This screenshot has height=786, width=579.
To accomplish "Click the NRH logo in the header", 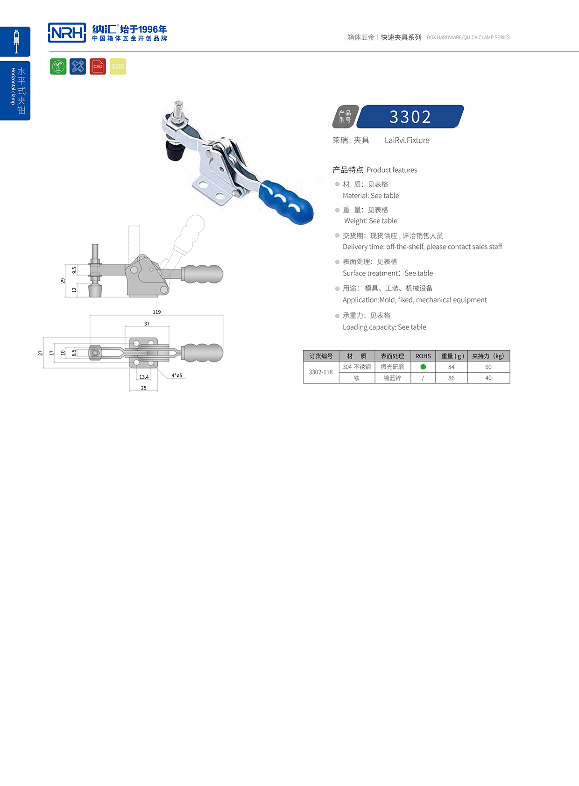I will (67, 33).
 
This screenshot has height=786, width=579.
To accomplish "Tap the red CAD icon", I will (98, 66).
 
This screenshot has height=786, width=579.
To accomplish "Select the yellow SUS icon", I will (118, 66).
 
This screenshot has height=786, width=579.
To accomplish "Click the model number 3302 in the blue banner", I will (410, 117).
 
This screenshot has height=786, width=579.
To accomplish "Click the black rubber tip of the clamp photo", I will (176, 150).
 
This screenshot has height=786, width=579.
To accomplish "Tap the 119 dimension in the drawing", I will (157, 312).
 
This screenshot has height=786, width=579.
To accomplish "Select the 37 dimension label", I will (147, 324).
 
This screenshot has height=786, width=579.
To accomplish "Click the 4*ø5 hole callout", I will (177, 375).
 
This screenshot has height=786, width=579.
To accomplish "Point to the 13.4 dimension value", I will (144, 377).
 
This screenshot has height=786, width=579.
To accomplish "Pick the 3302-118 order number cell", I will (321, 372).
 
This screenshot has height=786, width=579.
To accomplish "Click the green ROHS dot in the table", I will (423, 367).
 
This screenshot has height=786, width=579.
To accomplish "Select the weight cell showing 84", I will (451, 367).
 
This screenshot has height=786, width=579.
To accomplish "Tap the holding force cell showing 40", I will (488, 378).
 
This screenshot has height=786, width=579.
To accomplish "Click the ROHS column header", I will (423, 356).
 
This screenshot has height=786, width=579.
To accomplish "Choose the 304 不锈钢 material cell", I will (357, 367).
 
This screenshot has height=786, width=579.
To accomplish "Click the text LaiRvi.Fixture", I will (407, 140).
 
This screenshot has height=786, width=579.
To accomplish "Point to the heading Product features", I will (392, 170).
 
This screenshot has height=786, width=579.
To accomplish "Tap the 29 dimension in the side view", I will (63, 281).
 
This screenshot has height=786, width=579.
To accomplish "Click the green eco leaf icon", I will (58, 66).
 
